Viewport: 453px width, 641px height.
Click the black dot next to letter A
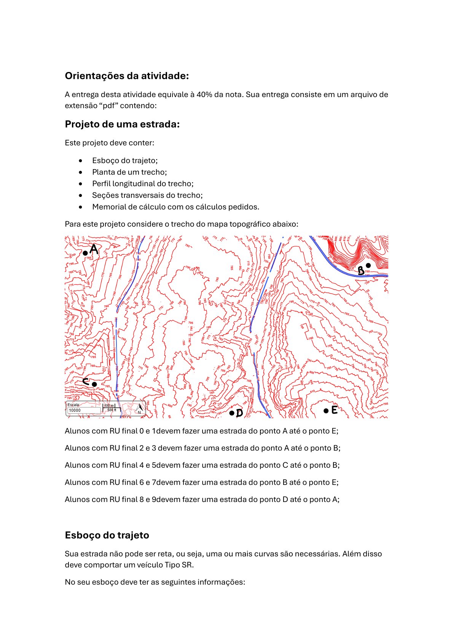85,253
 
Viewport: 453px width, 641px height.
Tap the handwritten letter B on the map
360,271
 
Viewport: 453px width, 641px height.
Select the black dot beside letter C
94,384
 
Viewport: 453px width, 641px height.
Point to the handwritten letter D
239,413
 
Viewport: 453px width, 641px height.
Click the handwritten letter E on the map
334,410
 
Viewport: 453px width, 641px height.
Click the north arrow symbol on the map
140,409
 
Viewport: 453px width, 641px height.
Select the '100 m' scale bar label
109,406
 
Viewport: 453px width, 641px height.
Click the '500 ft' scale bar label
112,410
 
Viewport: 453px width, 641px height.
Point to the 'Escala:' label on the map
73,405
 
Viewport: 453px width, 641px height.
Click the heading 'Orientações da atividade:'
127,76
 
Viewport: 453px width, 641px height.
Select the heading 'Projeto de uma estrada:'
122,124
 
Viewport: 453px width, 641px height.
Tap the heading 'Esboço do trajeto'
107,535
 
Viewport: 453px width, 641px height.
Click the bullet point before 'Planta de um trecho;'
80,172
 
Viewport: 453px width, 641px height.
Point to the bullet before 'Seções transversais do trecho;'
80,195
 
